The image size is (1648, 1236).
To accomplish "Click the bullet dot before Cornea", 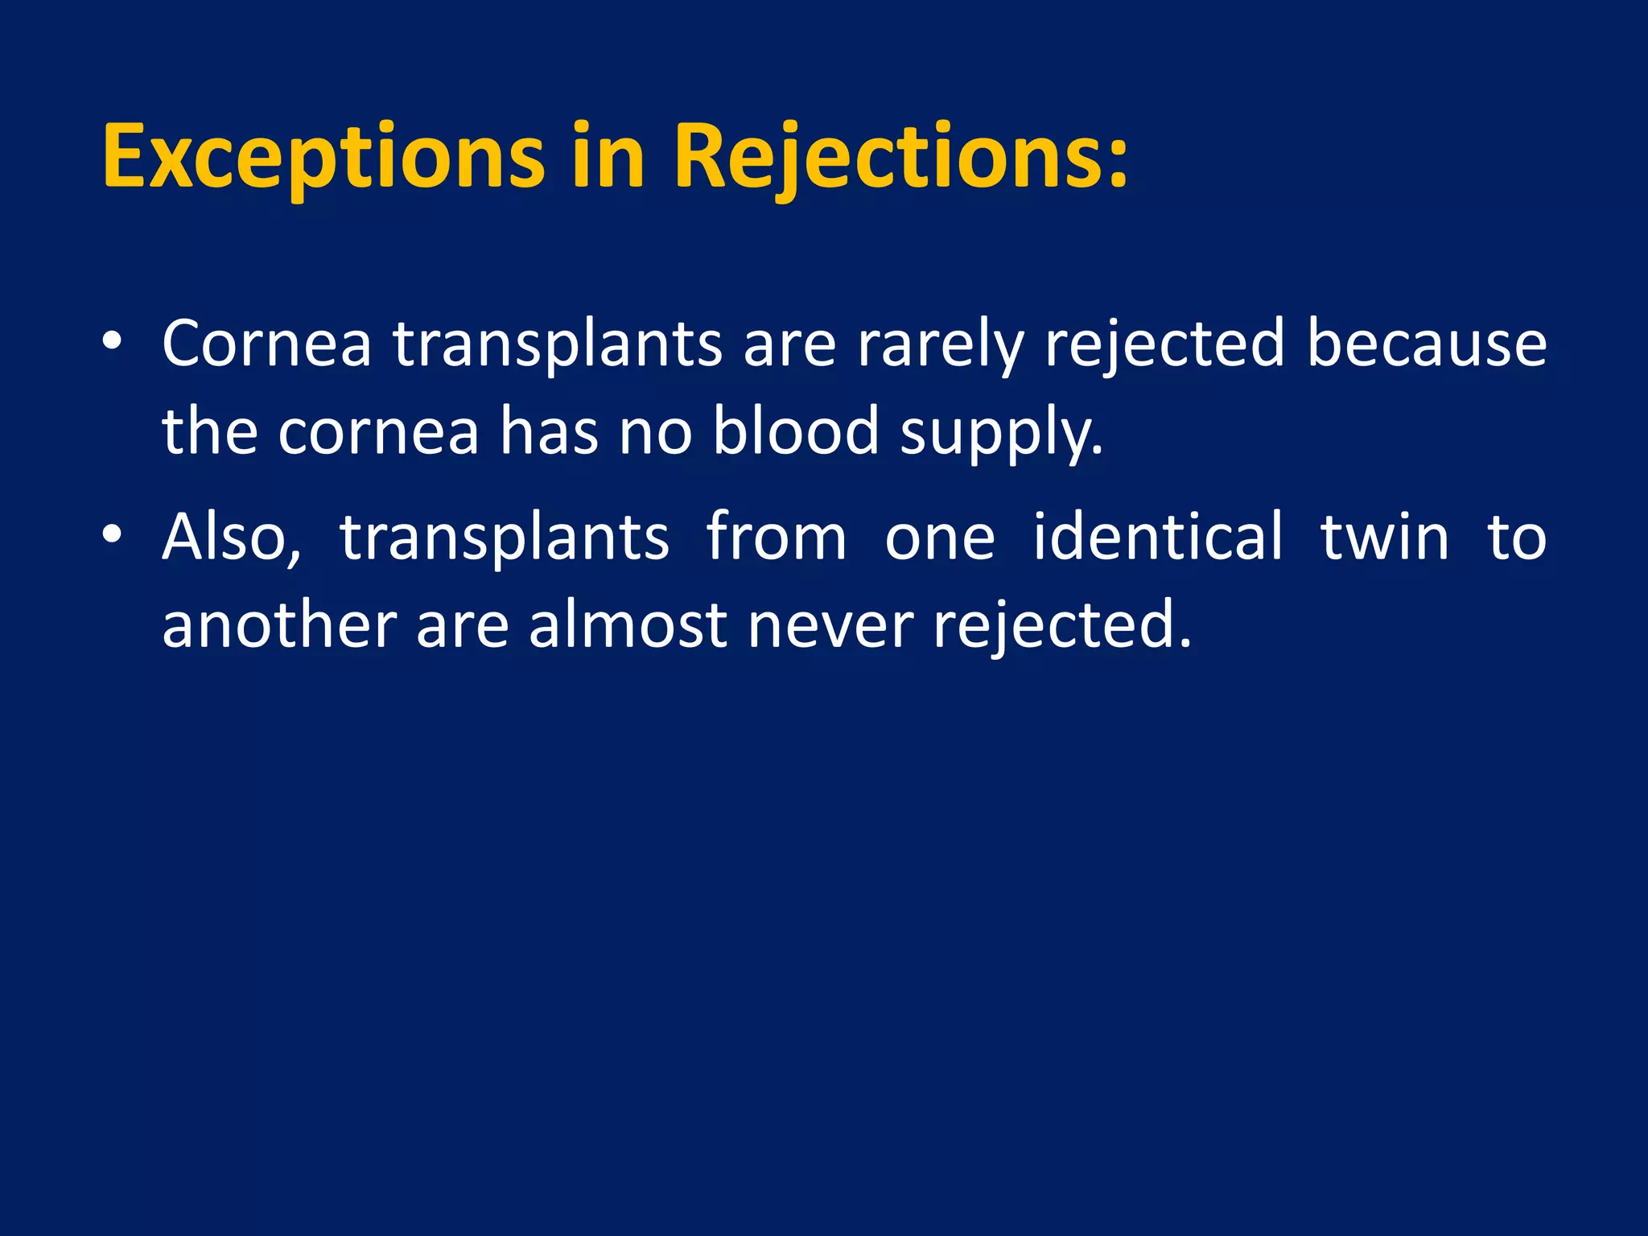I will [x=112, y=341].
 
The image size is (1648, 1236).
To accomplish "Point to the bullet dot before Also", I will [x=112, y=534].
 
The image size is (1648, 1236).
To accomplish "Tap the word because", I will [x=1426, y=344].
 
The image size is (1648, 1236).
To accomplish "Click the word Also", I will [x=231, y=538].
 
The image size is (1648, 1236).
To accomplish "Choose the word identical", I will [x=1158, y=537].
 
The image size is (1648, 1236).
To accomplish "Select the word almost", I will [x=628, y=625].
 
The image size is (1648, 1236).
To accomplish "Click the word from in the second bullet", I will [x=776, y=537].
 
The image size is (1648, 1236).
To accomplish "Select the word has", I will [x=549, y=432].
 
